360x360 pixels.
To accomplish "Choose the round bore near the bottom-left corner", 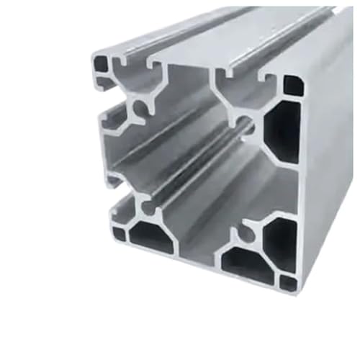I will coord(149,210).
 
